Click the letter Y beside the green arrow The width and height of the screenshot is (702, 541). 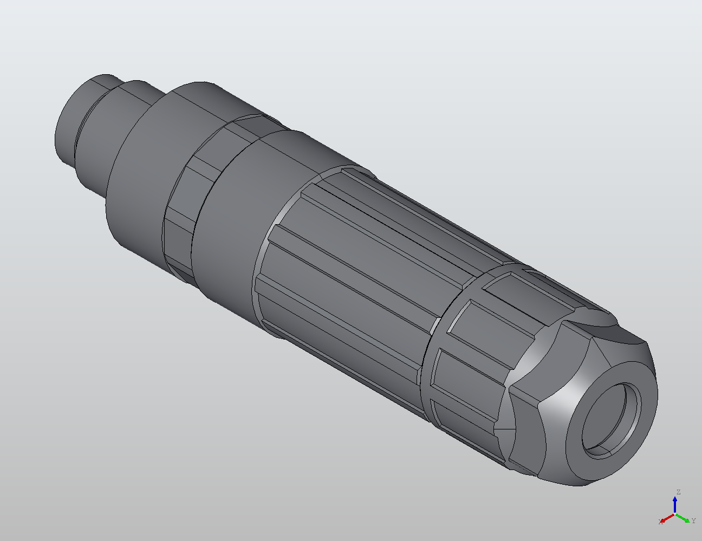(693, 521)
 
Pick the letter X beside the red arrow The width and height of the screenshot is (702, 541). (660, 522)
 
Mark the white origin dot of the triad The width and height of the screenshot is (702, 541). (675, 514)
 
